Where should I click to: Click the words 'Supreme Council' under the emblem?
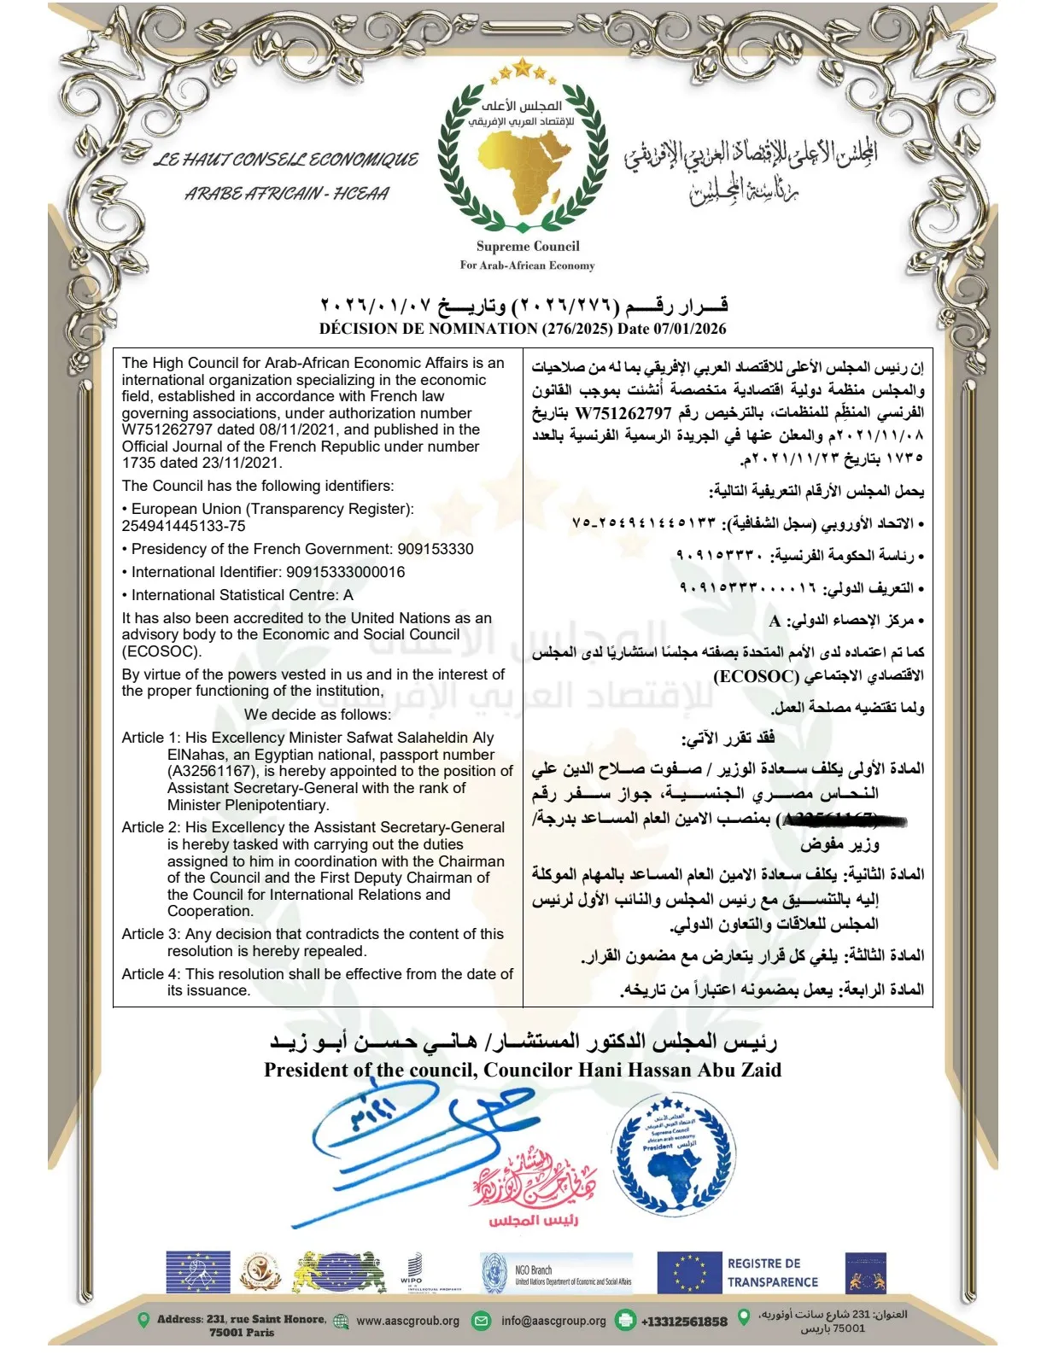[x=528, y=246]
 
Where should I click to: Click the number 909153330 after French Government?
[x=435, y=549]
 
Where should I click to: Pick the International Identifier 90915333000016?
[x=345, y=572]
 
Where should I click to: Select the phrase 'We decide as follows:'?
[x=318, y=715]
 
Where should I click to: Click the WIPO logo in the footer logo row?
[x=411, y=1271]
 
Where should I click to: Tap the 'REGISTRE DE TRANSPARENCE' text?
[x=772, y=1272]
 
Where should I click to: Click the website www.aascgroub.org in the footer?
[x=407, y=1321]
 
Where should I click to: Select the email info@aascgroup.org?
[x=553, y=1321]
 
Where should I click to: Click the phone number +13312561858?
[x=684, y=1322]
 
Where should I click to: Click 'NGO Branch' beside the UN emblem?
[x=534, y=1269]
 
